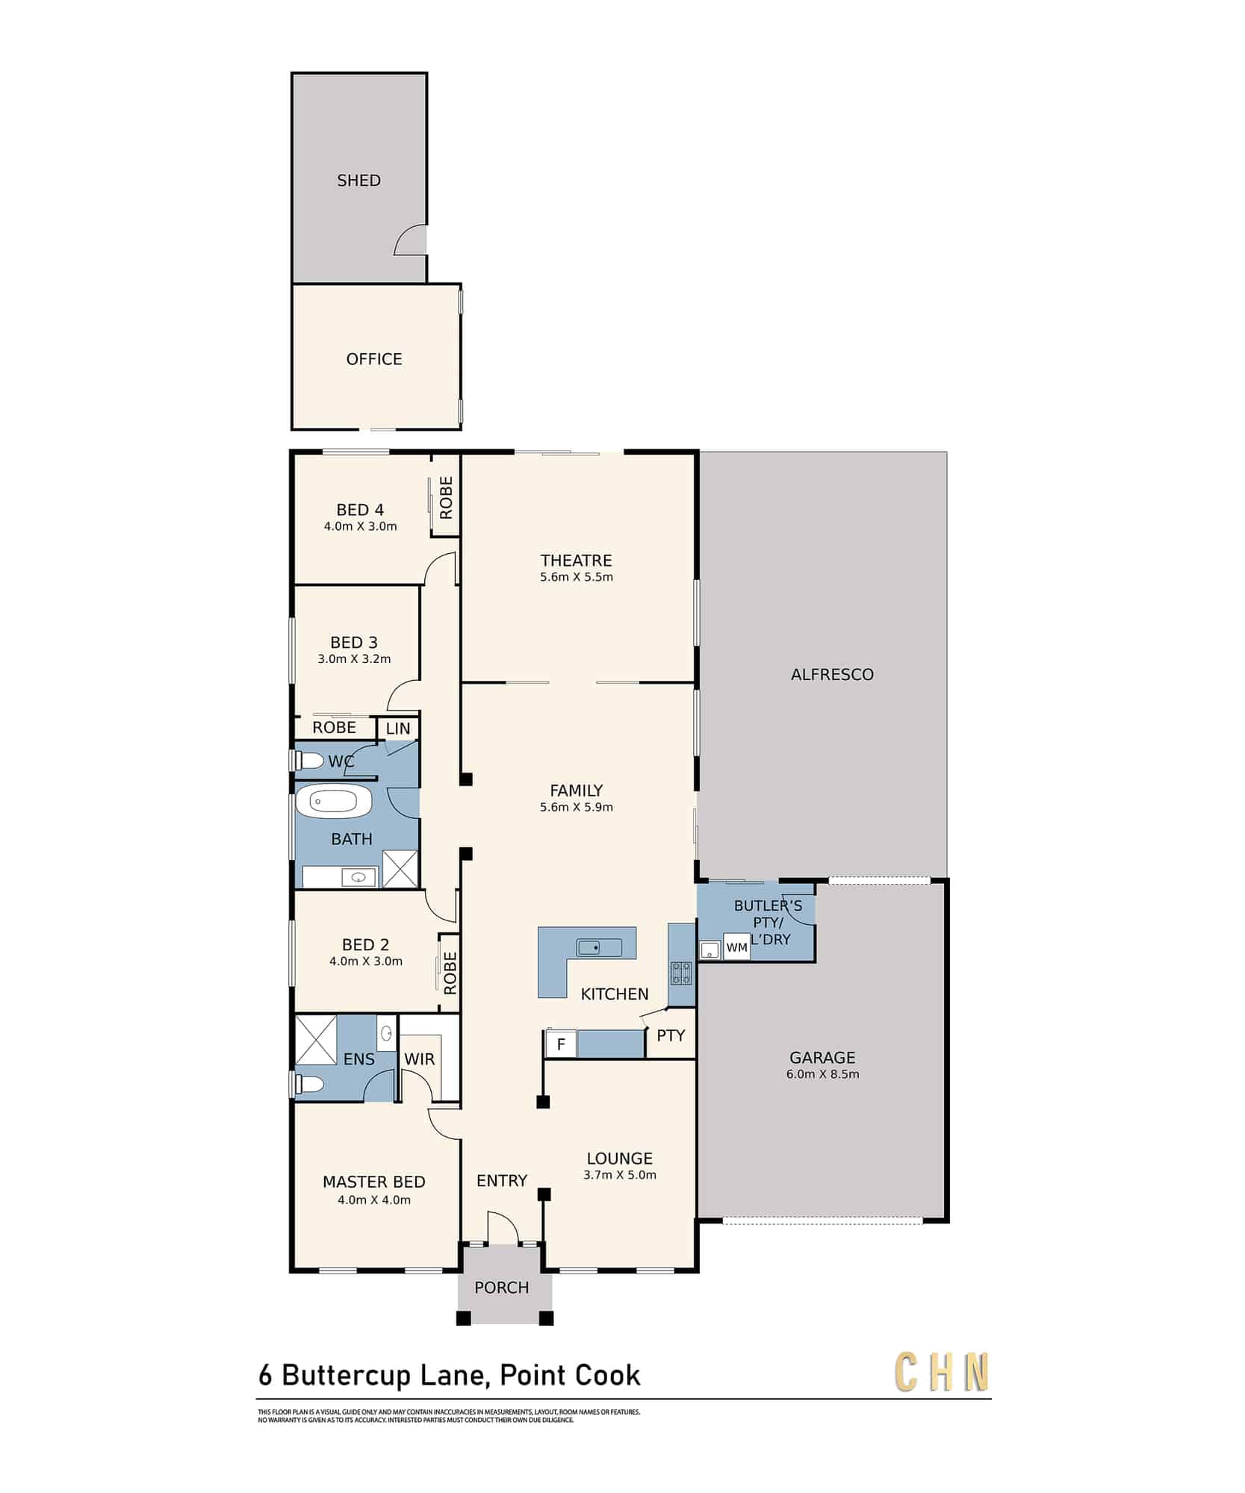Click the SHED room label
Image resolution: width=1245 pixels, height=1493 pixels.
[x=358, y=181]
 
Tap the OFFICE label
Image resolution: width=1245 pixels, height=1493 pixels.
[x=374, y=359]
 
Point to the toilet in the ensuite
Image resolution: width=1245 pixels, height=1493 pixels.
[x=309, y=1084]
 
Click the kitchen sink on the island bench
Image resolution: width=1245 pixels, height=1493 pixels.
[x=599, y=948]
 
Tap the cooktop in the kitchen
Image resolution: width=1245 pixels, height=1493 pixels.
[x=681, y=973]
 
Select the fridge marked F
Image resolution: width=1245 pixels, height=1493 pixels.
[x=561, y=1044]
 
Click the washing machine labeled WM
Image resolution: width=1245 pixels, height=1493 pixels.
[x=736, y=947]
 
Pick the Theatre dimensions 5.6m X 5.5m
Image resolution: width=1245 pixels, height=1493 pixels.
[x=577, y=577]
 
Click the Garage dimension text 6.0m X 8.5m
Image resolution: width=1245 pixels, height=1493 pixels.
[x=822, y=1074]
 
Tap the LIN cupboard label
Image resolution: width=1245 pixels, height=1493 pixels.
[x=398, y=729]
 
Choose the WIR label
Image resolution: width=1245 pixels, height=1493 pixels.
[x=419, y=1059]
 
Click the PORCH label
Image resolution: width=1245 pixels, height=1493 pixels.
[x=502, y=1288]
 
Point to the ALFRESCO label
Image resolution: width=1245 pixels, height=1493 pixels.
[x=832, y=675]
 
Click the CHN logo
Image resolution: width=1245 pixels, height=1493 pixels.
[x=943, y=1372]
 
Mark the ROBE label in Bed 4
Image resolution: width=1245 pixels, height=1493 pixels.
[x=446, y=498]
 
